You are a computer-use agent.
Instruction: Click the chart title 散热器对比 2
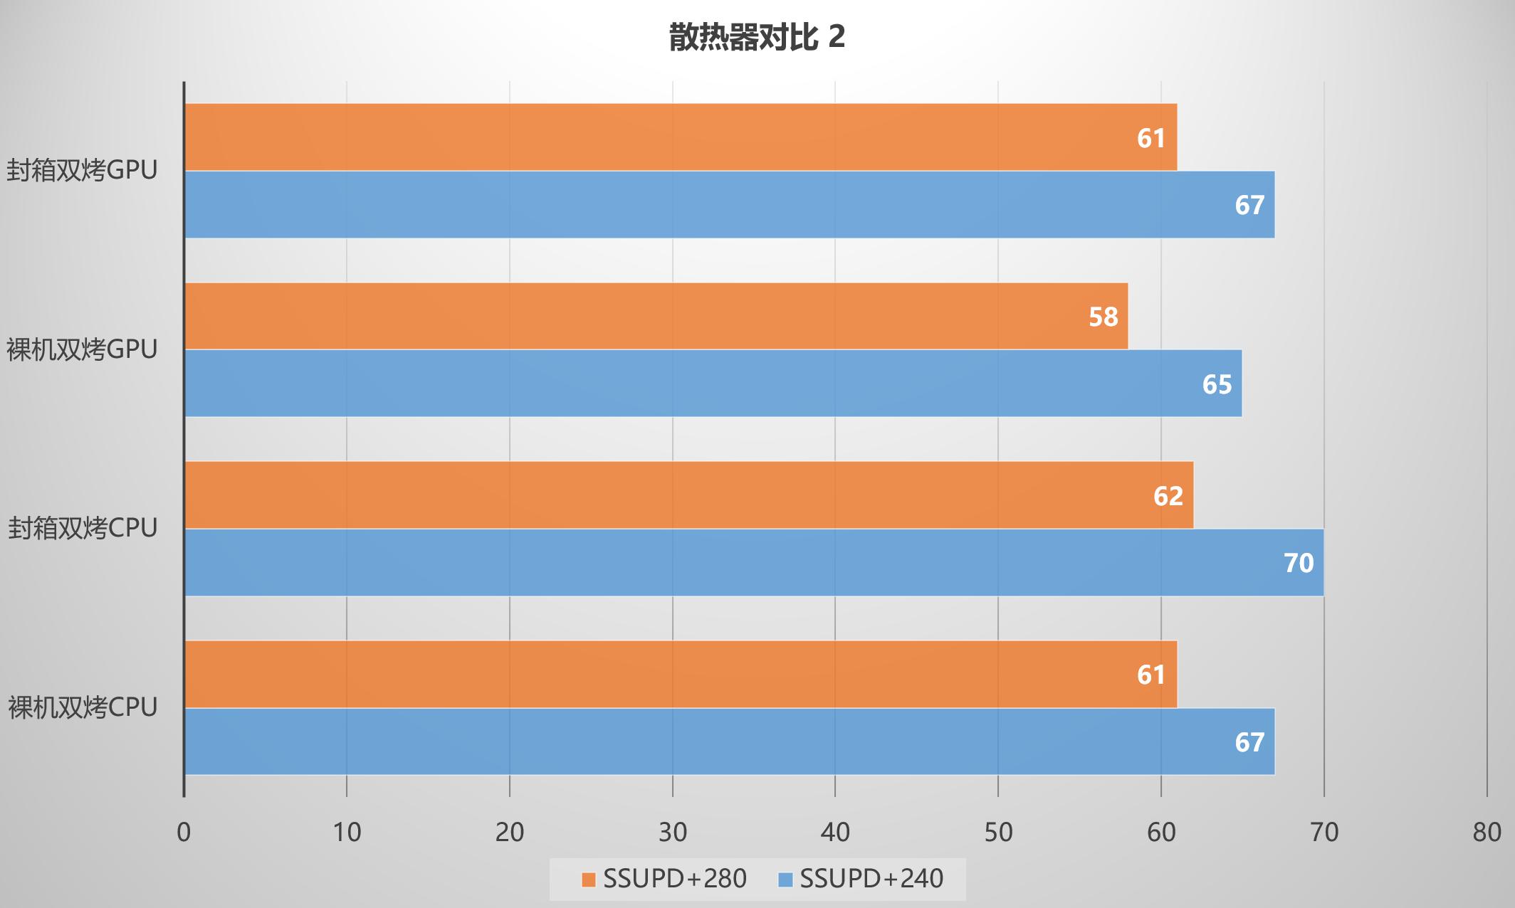pos(757,38)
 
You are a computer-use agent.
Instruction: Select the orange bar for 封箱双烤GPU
pos(680,137)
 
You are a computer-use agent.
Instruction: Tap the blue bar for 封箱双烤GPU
pos(729,204)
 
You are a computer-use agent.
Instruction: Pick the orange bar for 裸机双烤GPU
pos(656,316)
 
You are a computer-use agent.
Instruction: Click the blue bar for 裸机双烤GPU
pos(713,384)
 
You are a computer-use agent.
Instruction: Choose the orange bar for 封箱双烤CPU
pos(688,495)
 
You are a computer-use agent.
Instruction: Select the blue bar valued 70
pos(754,562)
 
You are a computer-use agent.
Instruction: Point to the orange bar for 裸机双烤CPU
pos(680,674)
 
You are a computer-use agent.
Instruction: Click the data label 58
pos(1103,317)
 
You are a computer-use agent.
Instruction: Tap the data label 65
pos(1217,384)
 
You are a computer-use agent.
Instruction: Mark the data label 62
pos(1168,496)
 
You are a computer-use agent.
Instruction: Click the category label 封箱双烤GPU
pos(83,171)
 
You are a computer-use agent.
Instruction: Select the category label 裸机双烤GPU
pos(83,349)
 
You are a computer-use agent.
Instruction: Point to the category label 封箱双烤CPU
pos(83,529)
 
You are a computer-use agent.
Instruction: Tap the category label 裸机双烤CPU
pos(83,707)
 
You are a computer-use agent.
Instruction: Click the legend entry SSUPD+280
pos(664,880)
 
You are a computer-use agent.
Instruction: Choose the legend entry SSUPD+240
pos(861,880)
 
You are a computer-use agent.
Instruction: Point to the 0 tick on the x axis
pos(184,832)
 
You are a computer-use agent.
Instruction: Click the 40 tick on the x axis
pos(835,832)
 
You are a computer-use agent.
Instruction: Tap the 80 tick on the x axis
pos(1487,832)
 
